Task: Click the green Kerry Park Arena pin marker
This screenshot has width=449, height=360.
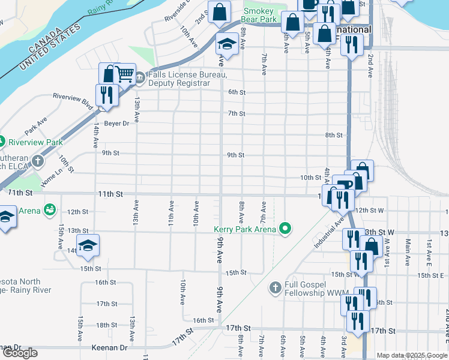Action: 286,229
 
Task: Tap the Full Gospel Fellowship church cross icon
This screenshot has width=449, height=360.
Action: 276,288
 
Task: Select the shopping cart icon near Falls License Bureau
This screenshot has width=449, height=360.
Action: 124,74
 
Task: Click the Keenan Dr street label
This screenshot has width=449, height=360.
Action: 110,347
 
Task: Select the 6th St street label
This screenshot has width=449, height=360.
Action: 237,92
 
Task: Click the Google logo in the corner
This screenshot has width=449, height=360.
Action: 19,353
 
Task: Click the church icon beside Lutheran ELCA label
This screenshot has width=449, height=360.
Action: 38,161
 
